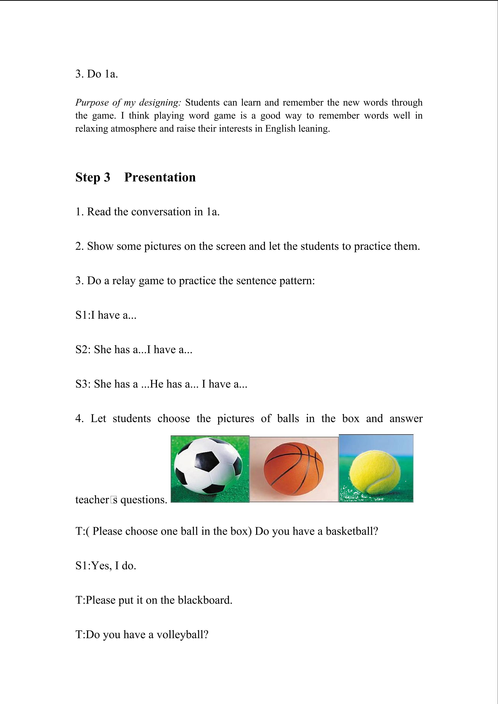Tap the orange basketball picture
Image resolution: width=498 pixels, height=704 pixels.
coord(294,469)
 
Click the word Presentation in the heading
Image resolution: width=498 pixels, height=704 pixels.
coord(160,177)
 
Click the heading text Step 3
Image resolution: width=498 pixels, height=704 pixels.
coord(93,177)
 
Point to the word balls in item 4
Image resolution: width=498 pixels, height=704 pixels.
coord(288,419)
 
